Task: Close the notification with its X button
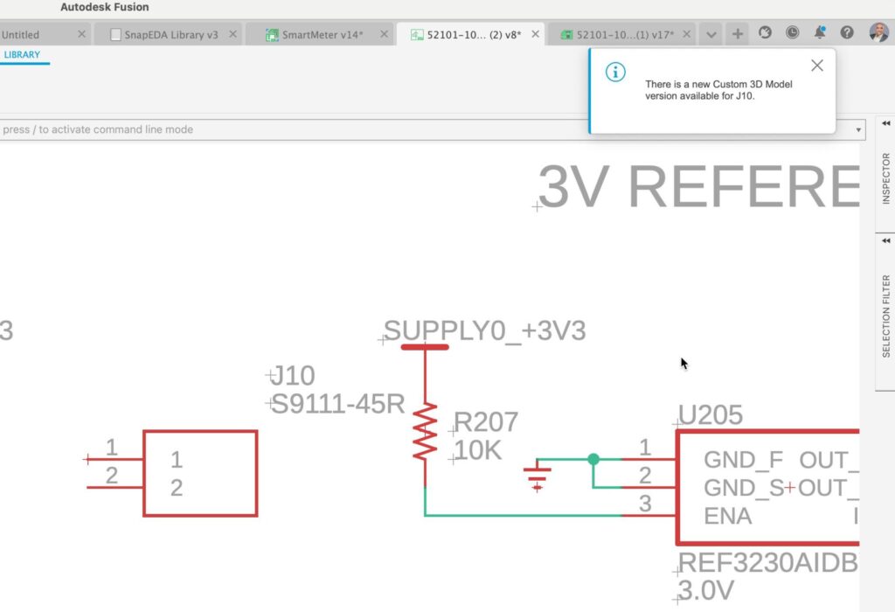click(x=816, y=66)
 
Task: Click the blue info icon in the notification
click(x=615, y=73)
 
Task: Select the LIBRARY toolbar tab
click(x=22, y=55)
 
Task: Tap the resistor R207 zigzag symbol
click(x=425, y=433)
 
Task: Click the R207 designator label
click(x=486, y=422)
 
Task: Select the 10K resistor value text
click(x=478, y=451)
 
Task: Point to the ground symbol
click(x=537, y=477)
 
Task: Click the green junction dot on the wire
click(x=593, y=459)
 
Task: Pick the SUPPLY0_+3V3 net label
click(x=485, y=331)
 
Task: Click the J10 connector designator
click(x=292, y=376)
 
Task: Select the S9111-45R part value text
click(x=338, y=405)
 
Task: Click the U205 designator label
click(x=711, y=414)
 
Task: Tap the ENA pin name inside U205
click(x=727, y=516)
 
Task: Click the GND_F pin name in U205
click(x=743, y=460)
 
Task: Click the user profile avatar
click(x=878, y=32)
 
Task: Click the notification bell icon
click(x=820, y=32)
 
